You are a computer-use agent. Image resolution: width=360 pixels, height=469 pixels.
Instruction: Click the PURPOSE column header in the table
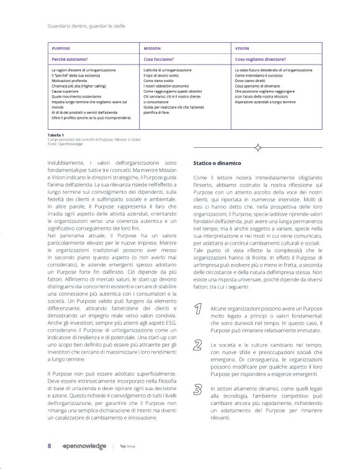61,48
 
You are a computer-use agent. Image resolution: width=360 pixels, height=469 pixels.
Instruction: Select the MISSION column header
152,48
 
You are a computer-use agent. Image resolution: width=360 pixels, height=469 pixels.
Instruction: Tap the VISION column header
242,48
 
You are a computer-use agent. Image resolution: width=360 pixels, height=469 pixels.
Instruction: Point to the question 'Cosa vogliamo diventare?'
259,59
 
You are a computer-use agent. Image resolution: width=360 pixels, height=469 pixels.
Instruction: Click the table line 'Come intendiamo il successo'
259,76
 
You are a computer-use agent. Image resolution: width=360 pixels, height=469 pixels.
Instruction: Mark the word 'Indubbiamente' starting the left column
66,163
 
